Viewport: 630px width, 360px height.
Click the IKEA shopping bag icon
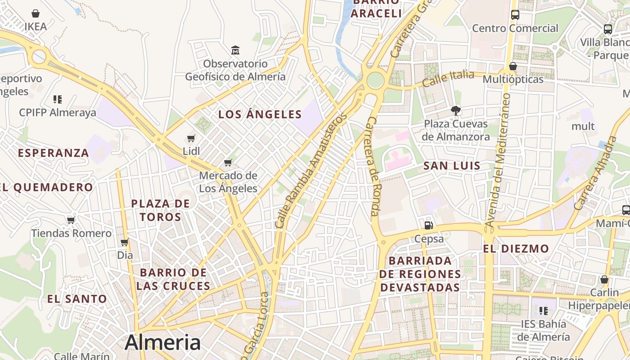[x=36, y=13]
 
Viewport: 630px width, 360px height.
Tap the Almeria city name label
[x=162, y=342]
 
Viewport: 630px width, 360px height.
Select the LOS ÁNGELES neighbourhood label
[x=260, y=114]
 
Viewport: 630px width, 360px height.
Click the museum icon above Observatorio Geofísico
[x=235, y=49]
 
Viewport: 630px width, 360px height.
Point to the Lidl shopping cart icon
[x=191, y=138]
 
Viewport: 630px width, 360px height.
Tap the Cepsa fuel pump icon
[x=429, y=225]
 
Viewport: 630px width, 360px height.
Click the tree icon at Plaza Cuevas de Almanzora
[x=456, y=110]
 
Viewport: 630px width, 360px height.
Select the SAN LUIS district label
[x=452, y=166]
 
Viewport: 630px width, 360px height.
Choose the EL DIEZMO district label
[x=516, y=248]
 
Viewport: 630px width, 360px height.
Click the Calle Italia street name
[x=448, y=78]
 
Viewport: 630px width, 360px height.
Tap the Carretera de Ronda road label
[x=373, y=166]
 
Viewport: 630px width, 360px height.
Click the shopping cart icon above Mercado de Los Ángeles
[x=228, y=162]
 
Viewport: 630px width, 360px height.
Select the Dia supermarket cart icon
[x=125, y=242]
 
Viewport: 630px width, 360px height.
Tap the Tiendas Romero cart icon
[x=71, y=220]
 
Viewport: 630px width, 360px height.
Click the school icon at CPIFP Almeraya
[x=57, y=99]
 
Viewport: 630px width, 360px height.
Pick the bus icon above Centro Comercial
[x=515, y=14]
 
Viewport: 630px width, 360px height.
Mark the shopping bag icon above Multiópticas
[x=513, y=67]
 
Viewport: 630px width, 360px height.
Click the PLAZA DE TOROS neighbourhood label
[x=161, y=210]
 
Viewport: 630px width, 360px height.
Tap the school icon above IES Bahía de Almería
[x=543, y=310]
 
